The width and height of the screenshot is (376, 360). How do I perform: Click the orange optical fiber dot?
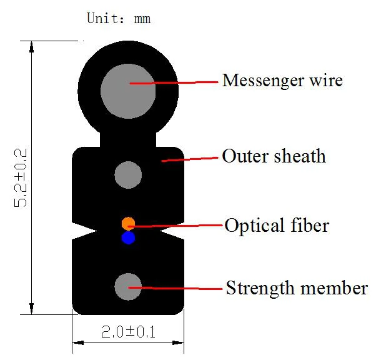[128, 223]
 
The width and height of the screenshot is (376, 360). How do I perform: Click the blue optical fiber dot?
[128, 237]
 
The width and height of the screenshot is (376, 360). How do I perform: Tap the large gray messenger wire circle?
[128, 90]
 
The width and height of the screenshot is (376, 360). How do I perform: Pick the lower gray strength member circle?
[129, 286]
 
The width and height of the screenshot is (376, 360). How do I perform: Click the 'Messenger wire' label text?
[282, 81]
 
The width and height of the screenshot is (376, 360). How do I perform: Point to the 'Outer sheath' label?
[274, 156]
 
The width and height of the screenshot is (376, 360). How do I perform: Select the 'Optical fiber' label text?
[277, 225]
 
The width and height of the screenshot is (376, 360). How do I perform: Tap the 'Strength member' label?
[297, 288]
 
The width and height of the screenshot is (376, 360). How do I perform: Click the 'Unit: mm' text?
[118, 19]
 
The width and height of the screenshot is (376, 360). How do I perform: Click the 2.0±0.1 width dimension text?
[129, 332]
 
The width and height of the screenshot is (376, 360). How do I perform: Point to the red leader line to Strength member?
[181, 287]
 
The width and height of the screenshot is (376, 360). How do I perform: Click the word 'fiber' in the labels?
[311, 225]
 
